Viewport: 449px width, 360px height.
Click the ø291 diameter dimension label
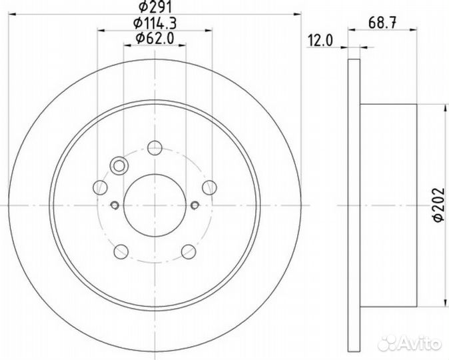tap(155, 9)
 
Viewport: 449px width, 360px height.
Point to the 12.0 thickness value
tap(319, 41)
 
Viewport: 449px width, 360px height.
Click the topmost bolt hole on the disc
tap(155, 148)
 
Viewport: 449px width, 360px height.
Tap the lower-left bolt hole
tap(121, 251)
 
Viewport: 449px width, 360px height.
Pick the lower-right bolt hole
tap(189, 251)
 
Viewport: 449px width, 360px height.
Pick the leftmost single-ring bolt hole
tap(101, 187)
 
